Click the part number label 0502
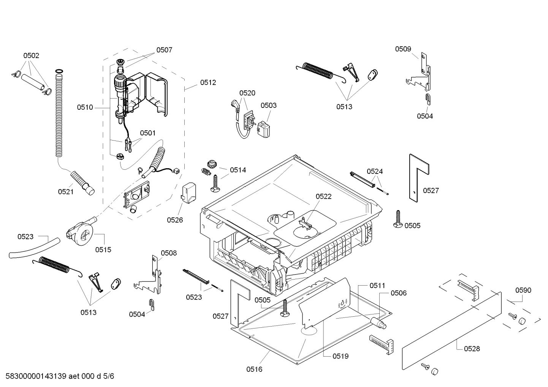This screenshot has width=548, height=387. (31, 56)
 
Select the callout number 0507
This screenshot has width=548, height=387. (164, 50)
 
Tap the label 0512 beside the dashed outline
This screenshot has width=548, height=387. (208, 83)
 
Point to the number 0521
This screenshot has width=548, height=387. (66, 192)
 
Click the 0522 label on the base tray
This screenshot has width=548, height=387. (323, 196)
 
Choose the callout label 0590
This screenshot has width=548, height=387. (523, 290)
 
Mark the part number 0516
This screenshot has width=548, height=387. (254, 369)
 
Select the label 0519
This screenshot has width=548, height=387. (341, 356)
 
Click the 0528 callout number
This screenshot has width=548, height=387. (472, 349)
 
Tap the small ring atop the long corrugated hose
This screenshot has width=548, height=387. (59, 71)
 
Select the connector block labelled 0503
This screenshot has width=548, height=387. (264, 129)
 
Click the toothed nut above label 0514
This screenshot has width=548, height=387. (211, 163)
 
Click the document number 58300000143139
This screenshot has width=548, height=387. (36, 376)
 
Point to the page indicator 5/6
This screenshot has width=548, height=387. (109, 376)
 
